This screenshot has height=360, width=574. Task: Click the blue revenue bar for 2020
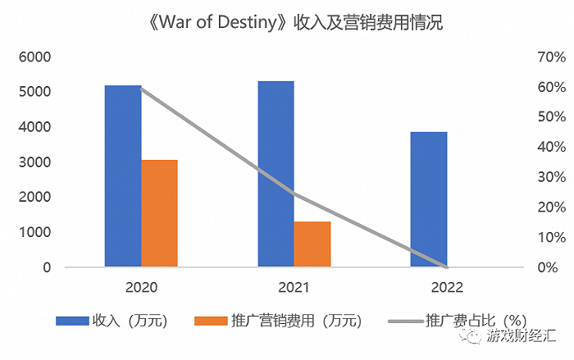click(x=123, y=175)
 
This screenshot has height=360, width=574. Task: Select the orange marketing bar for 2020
click(x=159, y=213)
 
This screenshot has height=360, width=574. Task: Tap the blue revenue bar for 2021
click(x=276, y=174)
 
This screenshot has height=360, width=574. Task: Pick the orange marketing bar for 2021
click(x=312, y=244)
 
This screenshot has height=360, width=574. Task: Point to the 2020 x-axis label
click(x=141, y=288)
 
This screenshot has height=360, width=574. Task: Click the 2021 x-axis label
click(x=294, y=288)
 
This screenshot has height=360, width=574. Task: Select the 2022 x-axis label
click(x=446, y=288)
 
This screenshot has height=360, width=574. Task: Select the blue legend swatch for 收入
click(x=72, y=321)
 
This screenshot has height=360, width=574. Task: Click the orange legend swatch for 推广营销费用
click(x=211, y=321)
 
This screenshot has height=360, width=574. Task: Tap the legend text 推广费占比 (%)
click(x=476, y=321)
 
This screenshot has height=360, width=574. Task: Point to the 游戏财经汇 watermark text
click(x=520, y=337)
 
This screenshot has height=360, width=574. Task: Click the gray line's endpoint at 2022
click(x=446, y=267)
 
